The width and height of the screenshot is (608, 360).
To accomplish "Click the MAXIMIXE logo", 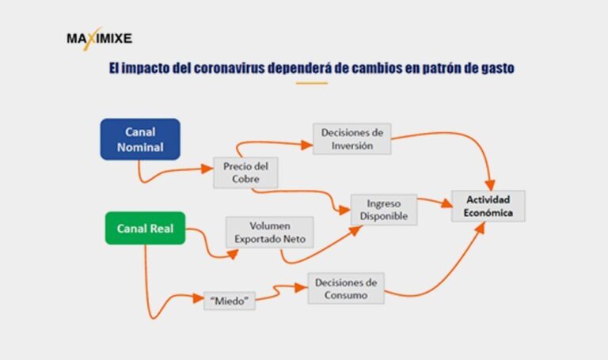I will coord(99,37).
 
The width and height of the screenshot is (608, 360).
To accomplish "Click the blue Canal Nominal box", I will coord(140,139).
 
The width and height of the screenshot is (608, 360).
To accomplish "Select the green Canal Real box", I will coord(145,229).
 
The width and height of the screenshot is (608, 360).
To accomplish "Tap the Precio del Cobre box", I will coord(246,173).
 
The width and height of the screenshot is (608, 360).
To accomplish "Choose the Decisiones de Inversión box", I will coord(352,140).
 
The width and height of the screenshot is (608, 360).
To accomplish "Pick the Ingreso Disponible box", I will coord(383,210).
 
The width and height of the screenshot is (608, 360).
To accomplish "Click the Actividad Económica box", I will coord(488,206).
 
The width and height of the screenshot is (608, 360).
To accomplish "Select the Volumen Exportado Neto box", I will coord(269,231).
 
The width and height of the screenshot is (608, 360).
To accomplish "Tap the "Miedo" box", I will coord(229,300).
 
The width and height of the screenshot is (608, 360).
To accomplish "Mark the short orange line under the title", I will coord(310,82).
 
